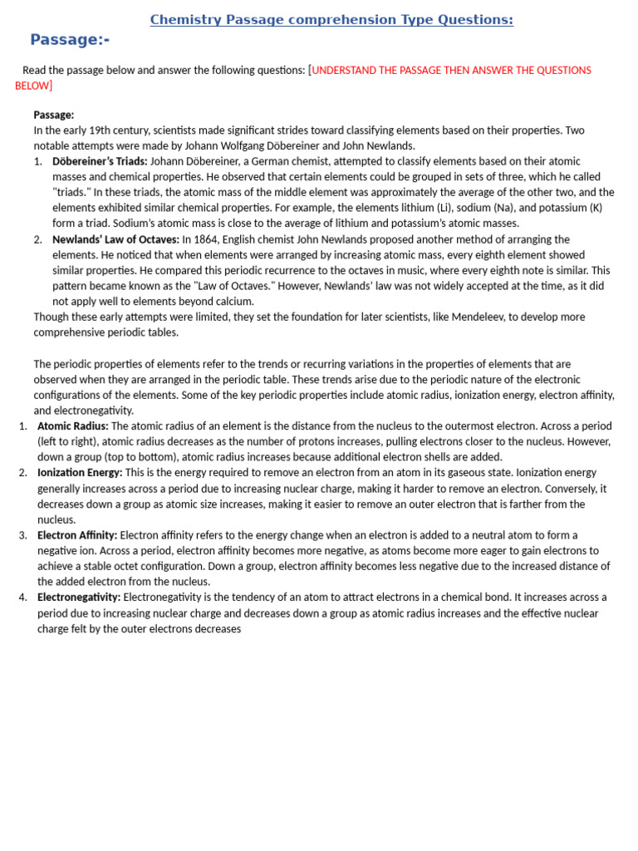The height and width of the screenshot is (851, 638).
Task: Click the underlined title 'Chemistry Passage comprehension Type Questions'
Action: click(331, 20)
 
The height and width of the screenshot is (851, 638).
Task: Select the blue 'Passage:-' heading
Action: click(70, 40)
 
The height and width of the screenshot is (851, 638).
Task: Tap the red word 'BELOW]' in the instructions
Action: click(33, 86)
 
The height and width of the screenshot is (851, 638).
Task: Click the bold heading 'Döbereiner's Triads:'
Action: click(100, 161)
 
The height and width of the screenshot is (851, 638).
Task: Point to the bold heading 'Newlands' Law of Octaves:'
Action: click(115, 239)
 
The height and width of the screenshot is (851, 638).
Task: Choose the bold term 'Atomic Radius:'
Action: click(73, 425)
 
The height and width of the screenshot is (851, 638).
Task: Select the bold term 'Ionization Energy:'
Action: click(80, 472)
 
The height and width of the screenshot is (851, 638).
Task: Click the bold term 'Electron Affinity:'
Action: click(77, 535)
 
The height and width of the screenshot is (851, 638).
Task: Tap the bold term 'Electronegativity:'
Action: click(79, 598)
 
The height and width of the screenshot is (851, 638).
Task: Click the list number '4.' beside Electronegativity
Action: click(22, 598)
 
